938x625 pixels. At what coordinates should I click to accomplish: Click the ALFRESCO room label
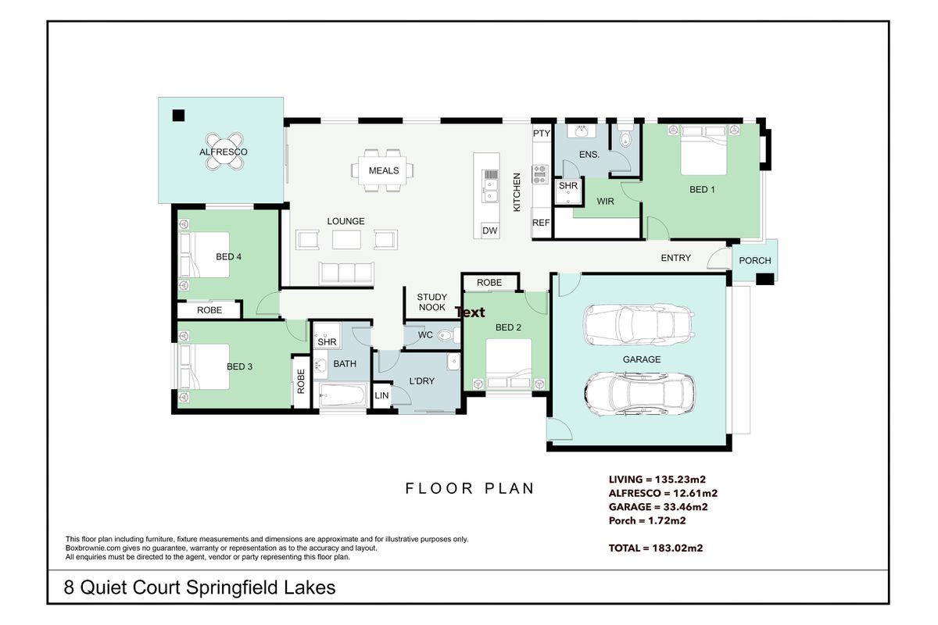click(x=224, y=152)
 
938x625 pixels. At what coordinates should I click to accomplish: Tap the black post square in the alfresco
click(x=178, y=115)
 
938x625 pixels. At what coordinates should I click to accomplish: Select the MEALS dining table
click(x=382, y=170)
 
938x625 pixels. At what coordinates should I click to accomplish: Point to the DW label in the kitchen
click(x=489, y=230)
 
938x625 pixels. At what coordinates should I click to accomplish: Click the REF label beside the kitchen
click(x=541, y=223)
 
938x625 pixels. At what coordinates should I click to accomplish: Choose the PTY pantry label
click(x=542, y=134)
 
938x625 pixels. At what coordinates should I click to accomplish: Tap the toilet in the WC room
click(x=447, y=335)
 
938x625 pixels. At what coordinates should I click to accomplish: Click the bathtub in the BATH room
click(x=342, y=395)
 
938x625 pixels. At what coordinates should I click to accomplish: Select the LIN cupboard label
click(x=381, y=395)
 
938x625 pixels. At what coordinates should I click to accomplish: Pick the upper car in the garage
click(x=639, y=324)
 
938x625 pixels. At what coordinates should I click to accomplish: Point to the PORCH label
click(x=755, y=260)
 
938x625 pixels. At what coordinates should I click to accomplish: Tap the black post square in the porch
click(x=764, y=279)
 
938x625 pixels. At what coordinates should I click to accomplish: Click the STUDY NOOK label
click(x=432, y=302)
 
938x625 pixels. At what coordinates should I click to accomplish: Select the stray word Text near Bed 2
click(x=470, y=312)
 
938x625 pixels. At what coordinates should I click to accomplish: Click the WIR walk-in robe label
click(x=606, y=202)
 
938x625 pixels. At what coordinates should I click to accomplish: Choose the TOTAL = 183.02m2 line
click(x=656, y=548)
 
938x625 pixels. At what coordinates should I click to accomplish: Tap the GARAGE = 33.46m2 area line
click(x=658, y=507)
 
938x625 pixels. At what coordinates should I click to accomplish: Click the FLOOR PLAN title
click(x=470, y=488)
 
